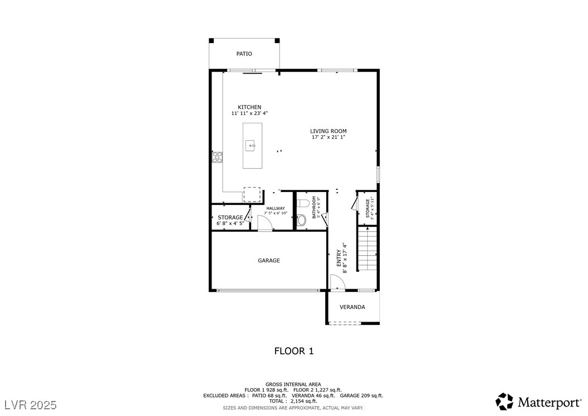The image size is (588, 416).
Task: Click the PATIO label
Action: click(x=244, y=54)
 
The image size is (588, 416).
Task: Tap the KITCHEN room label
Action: click(x=249, y=107)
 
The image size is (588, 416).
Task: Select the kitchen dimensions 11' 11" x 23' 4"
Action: click(x=249, y=113)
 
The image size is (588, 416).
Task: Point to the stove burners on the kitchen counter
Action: click(x=216, y=157)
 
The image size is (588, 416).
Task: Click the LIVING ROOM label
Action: click(x=328, y=131)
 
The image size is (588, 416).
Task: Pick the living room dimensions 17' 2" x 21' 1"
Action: click(x=328, y=137)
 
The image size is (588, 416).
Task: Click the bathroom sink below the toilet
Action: click(x=302, y=221)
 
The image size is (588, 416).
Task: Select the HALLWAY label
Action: click(x=275, y=208)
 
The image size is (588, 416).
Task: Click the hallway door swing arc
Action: click(x=265, y=222)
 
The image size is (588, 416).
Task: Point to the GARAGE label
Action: click(x=268, y=260)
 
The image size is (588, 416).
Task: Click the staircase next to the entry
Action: click(x=367, y=248)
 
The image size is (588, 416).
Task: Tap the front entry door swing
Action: click(x=338, y=283)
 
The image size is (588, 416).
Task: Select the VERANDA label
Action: click(x=353, y=307)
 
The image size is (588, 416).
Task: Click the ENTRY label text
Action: click(x=339, y=258)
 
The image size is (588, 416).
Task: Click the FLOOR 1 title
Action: click(x=293, y=351)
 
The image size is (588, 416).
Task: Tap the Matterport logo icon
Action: click(x=504, y=401)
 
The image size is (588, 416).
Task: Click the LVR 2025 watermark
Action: click(x=31, y=404)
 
